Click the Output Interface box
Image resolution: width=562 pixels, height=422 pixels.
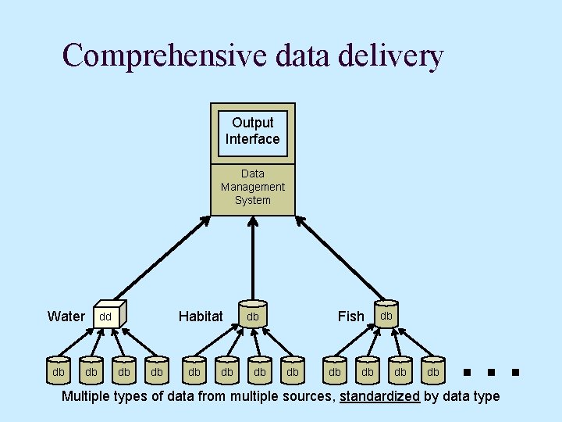pos(253,131)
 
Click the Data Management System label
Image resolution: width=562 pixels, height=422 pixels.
pos(253,187)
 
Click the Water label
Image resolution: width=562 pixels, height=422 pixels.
pos(66,316)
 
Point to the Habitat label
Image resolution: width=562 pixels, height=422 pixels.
pos(201,316)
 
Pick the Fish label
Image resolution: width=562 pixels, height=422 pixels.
pos(350,316)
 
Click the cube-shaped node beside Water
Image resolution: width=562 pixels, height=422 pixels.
pos(108,315)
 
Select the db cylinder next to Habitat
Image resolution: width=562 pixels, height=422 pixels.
pos(253,315)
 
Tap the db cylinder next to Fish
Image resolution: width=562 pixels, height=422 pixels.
pos(386,314)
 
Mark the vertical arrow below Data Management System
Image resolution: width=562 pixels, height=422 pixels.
pos(253,258)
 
